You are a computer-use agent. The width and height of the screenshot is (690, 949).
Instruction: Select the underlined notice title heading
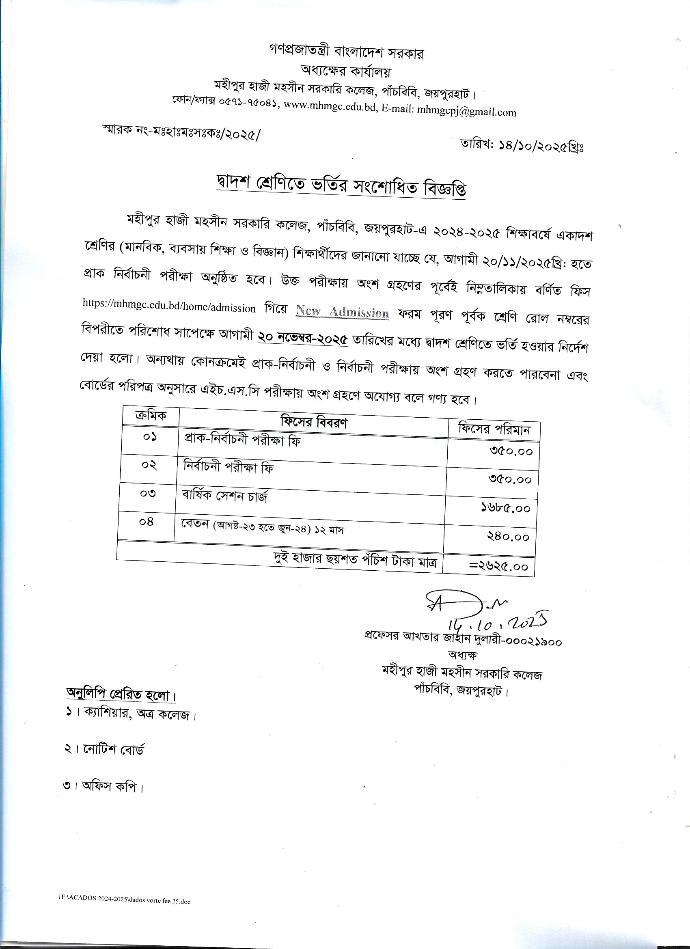[341, 186]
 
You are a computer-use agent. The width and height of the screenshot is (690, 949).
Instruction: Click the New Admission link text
[342, 312]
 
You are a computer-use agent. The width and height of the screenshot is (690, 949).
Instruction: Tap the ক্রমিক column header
[150, 415]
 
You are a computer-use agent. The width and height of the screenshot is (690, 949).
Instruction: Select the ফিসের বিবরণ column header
[314, 422]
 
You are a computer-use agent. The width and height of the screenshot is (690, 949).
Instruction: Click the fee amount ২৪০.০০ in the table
[508, 537]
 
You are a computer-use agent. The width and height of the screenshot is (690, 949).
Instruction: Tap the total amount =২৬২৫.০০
[498, 567]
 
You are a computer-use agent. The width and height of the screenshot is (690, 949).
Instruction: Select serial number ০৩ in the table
[148, 493]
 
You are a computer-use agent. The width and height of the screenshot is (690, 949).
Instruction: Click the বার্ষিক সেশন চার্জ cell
[224, 497]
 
